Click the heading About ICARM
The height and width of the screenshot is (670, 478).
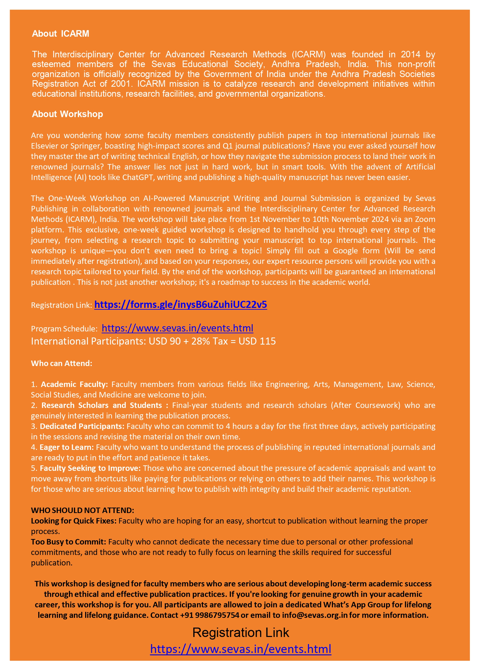tap(60, 34)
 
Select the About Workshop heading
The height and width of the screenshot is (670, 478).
tap(67, 114)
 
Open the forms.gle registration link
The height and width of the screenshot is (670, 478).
tap(180, 304)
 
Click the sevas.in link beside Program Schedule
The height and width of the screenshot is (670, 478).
tap(177, 328)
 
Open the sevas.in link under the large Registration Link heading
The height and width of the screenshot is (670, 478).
tap(240, 649)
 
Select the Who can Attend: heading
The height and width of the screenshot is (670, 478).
tap(62, 363)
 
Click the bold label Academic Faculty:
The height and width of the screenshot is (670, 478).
tap(74, 384)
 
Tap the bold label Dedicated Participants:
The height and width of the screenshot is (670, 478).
tap(82, 426)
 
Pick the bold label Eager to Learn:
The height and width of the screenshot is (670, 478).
tap(67, 447)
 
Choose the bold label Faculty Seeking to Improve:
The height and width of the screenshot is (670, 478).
tap(90, 468)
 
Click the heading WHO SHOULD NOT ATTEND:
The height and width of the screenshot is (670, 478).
tap(83, 510)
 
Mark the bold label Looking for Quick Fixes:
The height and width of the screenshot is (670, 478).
tap(74, 521)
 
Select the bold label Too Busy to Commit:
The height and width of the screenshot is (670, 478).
tap(68, 542)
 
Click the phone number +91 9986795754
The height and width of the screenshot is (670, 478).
tap(210, 615)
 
